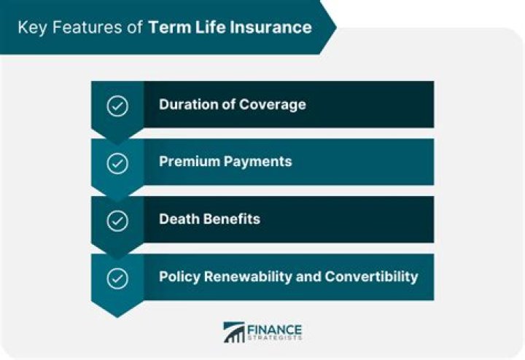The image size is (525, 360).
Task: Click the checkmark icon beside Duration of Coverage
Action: point(117,105)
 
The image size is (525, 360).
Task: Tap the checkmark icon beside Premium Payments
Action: point(117,163)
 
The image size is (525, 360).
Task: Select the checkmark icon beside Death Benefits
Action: point(117,220)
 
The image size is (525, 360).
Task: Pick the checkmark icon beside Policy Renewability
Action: point(117,278)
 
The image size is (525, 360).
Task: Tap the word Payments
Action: point(257,162)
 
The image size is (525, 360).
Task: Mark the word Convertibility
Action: point(371,277)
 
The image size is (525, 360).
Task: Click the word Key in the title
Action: point(30,28)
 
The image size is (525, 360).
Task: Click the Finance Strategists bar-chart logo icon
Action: point(234,332)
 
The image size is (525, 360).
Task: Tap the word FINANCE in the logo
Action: point(274,328)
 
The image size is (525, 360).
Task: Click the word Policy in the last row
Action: point(179,277)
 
